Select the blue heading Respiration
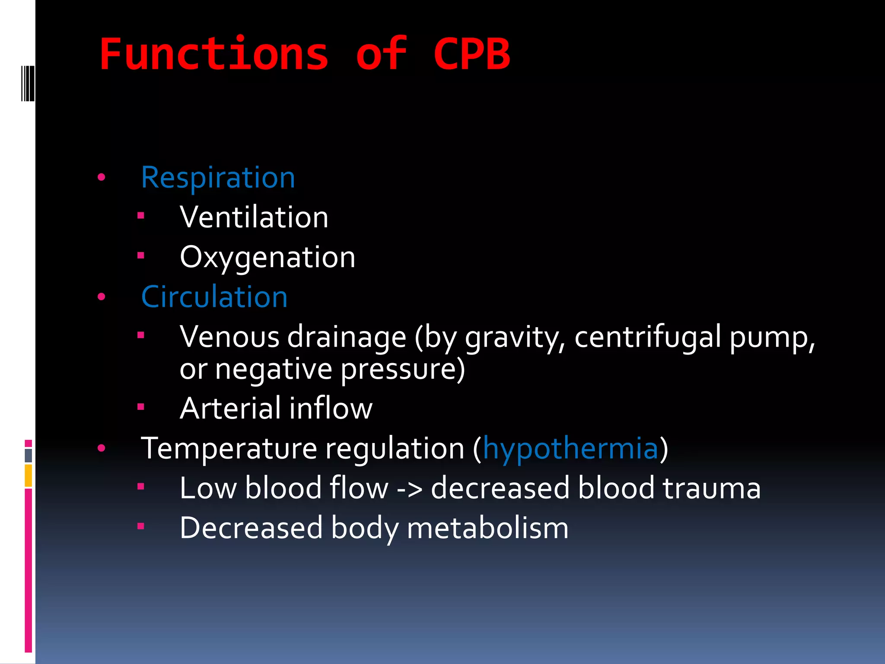point(218,178)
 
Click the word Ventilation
point(254,217)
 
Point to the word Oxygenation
point(267,257)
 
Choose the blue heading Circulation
point(214,297)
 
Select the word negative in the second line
point(274,369)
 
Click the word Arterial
point(230,408)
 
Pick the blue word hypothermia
point(570,448)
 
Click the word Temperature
point(229,448)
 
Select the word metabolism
point(487,528)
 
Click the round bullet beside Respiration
point(102,177)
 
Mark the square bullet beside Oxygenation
point(140,255)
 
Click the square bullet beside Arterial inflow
point(140,406)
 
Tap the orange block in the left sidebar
point(28,475)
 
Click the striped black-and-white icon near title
point(28,83)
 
